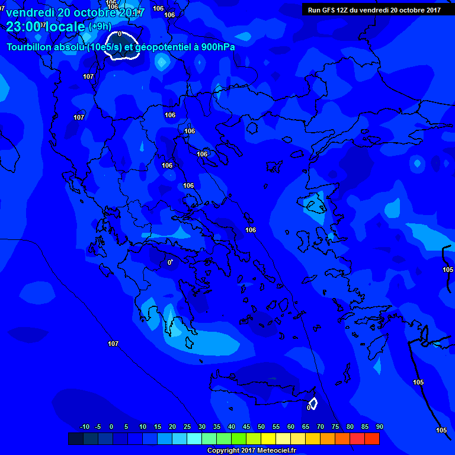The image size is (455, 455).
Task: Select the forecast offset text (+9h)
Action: coord(100,27)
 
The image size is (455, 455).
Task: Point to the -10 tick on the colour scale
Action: coord(84,427)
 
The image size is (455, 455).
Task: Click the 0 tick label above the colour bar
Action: coord(111,427)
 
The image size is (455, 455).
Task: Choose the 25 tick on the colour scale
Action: coord(187,427)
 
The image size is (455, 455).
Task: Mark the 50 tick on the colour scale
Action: coord(261,427)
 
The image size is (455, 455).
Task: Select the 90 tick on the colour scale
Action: coord(380,427)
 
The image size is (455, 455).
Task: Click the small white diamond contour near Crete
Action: coord(313,403)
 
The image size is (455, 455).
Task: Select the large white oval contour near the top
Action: coord(121,47)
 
